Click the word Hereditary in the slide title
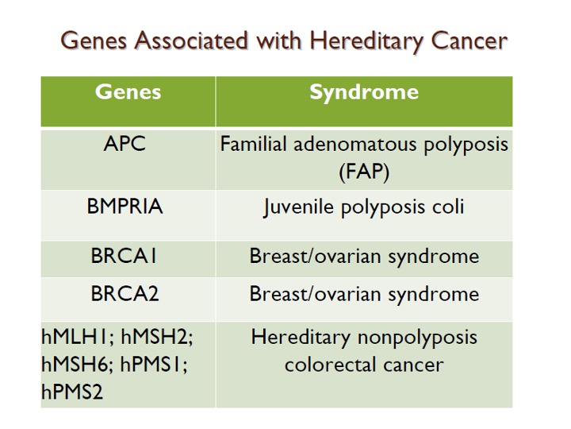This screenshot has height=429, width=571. click(x=368, y=41)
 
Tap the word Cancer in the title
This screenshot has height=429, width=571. click(x=469, y=41)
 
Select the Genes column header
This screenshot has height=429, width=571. click(x=128, y=91)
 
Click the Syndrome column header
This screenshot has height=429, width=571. click(x=364, y=93)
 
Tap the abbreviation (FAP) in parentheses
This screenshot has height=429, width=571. click(x=364, y=172)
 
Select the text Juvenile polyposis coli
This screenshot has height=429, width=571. click(x=364, y=207)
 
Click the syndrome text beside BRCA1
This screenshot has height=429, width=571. click(x=364, y=257)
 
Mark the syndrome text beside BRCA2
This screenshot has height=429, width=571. click(x=364, y=294)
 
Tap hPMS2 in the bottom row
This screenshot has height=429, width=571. click(x=72, y=392)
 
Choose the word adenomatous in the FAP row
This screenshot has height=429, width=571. click(x=354, y=144)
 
